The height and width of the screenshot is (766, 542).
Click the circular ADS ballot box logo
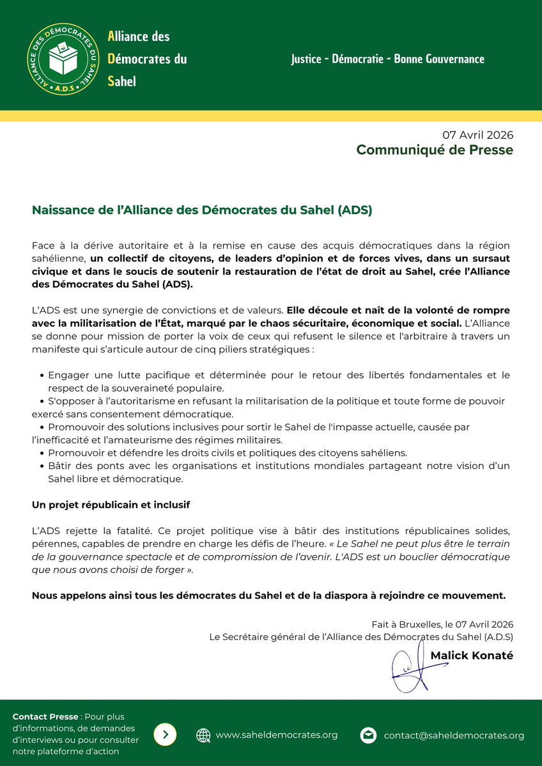click(x=63, y=58)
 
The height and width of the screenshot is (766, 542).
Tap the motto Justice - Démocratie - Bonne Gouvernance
click(x=387, y=59)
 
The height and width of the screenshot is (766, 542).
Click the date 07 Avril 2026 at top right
click(x=478, y=135)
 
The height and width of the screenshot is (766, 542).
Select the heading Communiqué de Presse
click(x=435, y=150)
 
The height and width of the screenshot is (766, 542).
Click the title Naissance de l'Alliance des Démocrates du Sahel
click(x=202, y=210)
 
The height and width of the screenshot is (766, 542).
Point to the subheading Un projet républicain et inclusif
click(x=111, y=505)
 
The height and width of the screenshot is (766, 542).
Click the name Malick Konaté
click(x=472, y=656)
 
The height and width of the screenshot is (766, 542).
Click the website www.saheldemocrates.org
click(x=277, y=735)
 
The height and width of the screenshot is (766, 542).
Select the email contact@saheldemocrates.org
click(x=454, y=735)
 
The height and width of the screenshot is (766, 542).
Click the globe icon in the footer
click(x=203, y=735)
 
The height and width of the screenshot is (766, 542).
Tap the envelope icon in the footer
click(x=368, y=735)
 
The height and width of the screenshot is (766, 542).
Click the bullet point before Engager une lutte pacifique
click(x=42, y=376)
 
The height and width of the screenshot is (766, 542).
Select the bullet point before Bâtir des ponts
click(x=42, y=466)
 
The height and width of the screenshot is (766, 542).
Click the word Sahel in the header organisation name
click(x=122, y=81)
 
